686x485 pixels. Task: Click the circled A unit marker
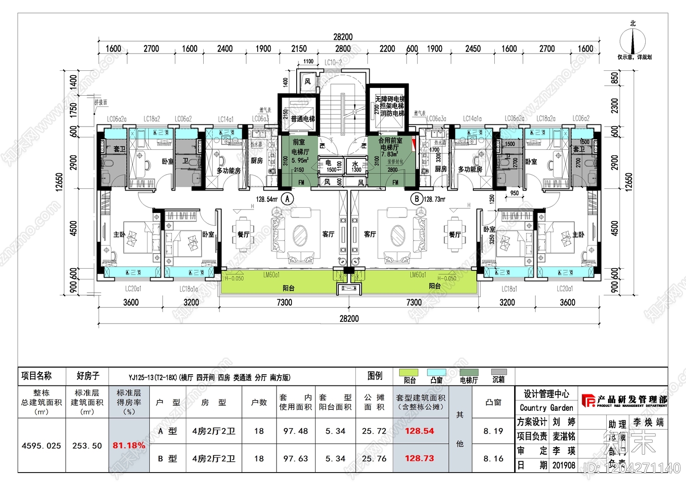click(x=288, y=199)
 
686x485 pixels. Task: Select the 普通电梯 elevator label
click(x=303, y=119)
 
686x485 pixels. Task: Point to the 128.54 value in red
click(x=419, y=431)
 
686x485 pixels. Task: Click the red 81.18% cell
click(x=129, y=446)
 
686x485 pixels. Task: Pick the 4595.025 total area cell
click(x=42, y=446)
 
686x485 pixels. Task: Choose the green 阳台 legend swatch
click(x=408, y=372)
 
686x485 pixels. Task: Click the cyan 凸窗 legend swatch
click(x=436, y=372)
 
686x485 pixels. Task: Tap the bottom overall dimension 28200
click(x=349, y=318)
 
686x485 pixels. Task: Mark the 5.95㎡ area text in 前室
click(x=300, y=160)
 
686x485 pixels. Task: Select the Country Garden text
click(x=546, y=408)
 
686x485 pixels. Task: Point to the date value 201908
click(x=563, y=465)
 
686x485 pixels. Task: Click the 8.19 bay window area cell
click(x=493, y=431)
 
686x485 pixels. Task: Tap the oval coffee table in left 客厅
click(x=300, y=235)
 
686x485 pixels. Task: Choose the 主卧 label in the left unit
click(x=119, y=234)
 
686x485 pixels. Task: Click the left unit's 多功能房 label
click(x=228, y=170)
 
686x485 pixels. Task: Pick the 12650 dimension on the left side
click(x=59, y=182)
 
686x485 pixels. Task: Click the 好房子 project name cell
click(x=88, y=376)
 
